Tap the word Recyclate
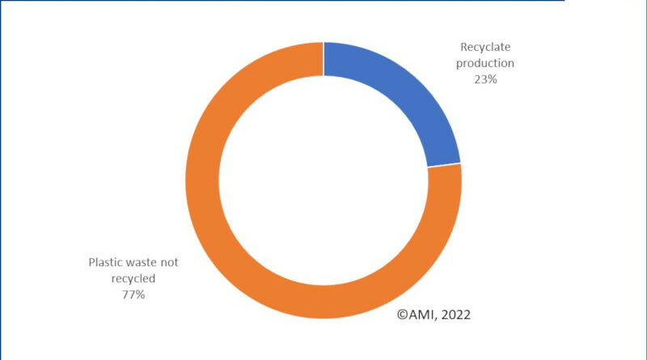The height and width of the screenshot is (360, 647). pos(487,48)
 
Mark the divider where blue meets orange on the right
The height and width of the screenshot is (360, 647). pos(444,165)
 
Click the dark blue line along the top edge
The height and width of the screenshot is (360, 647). pos(283,2)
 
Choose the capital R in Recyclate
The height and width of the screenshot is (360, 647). pos(464,48)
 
